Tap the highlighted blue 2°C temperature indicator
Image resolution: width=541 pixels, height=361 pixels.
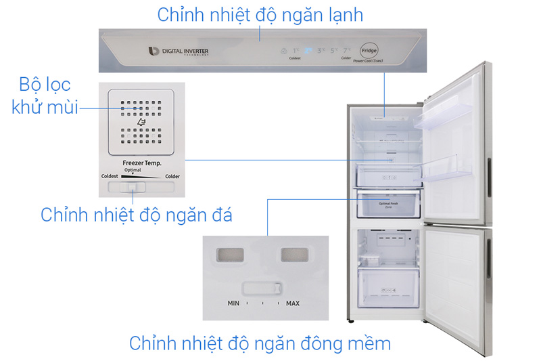tap(308, 51)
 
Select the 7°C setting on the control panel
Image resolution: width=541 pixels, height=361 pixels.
tap(346, 51)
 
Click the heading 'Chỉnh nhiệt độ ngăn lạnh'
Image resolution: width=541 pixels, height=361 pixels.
tap(260, 15)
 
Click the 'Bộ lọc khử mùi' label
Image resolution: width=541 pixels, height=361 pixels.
tap(41, 95)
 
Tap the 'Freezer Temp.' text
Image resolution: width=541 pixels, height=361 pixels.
tap(141, 163)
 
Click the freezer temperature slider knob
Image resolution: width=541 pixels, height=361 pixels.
tap(134, 188)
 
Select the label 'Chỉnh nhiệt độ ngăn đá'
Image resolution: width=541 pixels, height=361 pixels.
tap(137, 215)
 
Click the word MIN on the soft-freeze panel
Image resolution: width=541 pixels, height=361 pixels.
tap(233, 303)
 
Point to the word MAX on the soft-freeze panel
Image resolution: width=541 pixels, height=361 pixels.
tap(292, 303)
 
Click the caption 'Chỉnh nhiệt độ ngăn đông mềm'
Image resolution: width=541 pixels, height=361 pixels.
tap(260, 343)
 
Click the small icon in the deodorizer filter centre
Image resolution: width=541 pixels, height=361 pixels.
tap(141, 123)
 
